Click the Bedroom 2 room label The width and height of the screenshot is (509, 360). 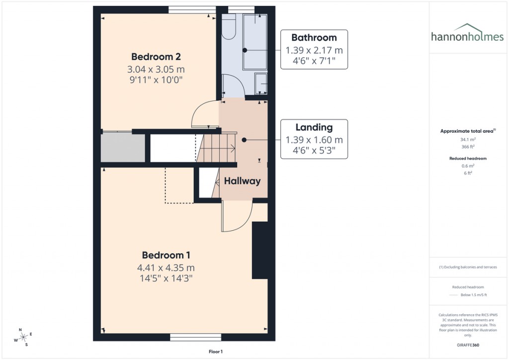pyautogui.click(x=156, y=57)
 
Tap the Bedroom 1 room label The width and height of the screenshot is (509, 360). pyautogui.click(x=166, y=255)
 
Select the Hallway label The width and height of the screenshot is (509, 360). pyautogui.click(x=242, y=181)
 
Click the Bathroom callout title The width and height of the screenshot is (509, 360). pyautogui.click(x=314, y=38)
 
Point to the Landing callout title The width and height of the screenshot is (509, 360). pyautogui.click(x=314, y=127)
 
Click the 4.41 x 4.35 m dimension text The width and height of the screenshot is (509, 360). pyautogui.click(x=166, y=268)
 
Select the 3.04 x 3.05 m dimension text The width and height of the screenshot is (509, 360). pyautogui.click(x=156, y=69)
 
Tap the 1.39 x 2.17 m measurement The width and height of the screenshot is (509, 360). pyautogui.click(x=314, y=50)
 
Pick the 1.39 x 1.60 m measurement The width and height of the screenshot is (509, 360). pyautogui.click(x=314, y=140)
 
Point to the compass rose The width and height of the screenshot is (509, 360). pyautogui.click(x=23, y=338)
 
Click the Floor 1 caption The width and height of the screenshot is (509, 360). pyautogui.click(x=215, y=352)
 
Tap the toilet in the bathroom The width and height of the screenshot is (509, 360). pyautogui.click(x=229, y=28)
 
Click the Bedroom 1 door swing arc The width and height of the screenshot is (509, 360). pyautogui.click(x=236, y=219)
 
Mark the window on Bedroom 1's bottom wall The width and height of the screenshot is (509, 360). pyautogui.click(x=195, y=337)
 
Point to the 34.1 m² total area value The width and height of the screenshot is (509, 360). pyautogui.click(x=466, y=140)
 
